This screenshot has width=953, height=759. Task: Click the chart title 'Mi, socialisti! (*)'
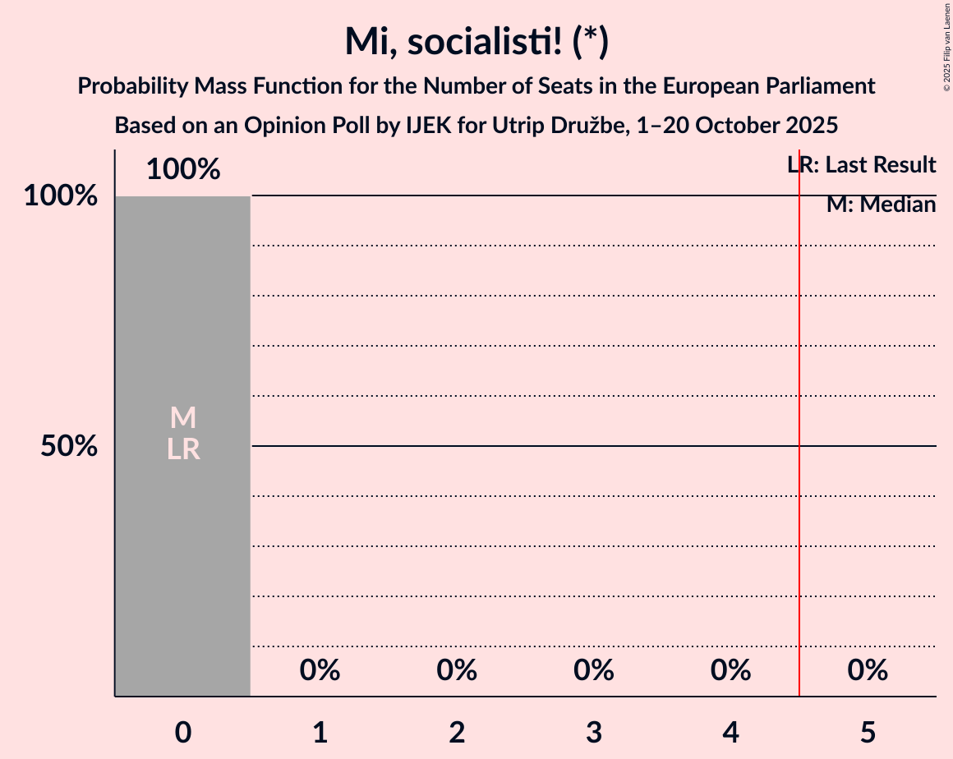[x=476, y=41]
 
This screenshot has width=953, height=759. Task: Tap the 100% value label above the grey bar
[x=183, y=169]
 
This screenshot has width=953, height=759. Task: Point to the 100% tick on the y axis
[x=60, y=196]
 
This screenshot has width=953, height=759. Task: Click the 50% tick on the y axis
[x=69, y=446]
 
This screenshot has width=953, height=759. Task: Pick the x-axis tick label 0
[x=183, y=732]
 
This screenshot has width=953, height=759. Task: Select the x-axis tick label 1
[x=320, y=732]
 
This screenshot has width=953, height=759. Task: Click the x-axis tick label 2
[x=457, y=732]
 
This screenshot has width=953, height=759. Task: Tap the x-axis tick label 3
[x=594, y=732]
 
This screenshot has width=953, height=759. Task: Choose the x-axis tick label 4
[x=731, y=732]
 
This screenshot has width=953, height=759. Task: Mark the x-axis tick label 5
[x=868, y=732]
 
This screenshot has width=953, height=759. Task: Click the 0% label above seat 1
[x=320, y=670]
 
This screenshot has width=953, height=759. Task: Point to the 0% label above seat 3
[x=594, y=670]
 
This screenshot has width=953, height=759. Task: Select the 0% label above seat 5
[x=868, y=670]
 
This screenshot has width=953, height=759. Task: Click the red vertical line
[x=799, y=493]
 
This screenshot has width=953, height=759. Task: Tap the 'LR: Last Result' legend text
[x=861, y=165]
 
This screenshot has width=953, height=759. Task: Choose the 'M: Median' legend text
[x=881, y=205]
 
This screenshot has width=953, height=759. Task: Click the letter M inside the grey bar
[x=183, y=418]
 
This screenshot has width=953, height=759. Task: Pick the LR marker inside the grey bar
[x=183, y=449]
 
